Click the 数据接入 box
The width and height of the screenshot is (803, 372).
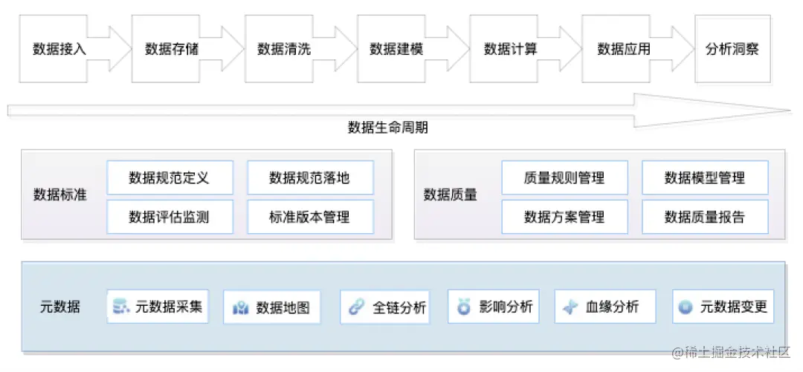(x=59, y=50)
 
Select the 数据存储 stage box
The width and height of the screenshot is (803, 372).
(x=172, y=50)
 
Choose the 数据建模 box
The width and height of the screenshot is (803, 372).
(x=396, y=50)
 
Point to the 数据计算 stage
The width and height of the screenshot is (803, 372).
(x=510, y=50)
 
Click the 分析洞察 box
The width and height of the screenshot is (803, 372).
(x=732, y=50)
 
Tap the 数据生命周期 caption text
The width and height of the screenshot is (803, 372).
(x=387, y=128)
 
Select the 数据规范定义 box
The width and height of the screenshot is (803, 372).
(x=170, y=178)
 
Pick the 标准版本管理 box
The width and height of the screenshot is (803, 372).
(x=310, y=218)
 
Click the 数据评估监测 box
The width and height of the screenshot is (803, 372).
(x=170, y=218)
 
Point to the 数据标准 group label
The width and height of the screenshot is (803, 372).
(x=60, y=195)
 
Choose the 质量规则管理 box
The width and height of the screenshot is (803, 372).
(x=564, y=178)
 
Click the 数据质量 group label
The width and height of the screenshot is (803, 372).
(x=451, y=195)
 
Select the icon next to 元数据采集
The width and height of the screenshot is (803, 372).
(x=120, y=307)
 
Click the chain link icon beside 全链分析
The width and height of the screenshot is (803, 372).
(x=356, y=307)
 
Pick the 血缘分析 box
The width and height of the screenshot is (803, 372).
(x=605, y=307)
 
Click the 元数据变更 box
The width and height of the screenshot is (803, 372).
(x=723, y=307)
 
